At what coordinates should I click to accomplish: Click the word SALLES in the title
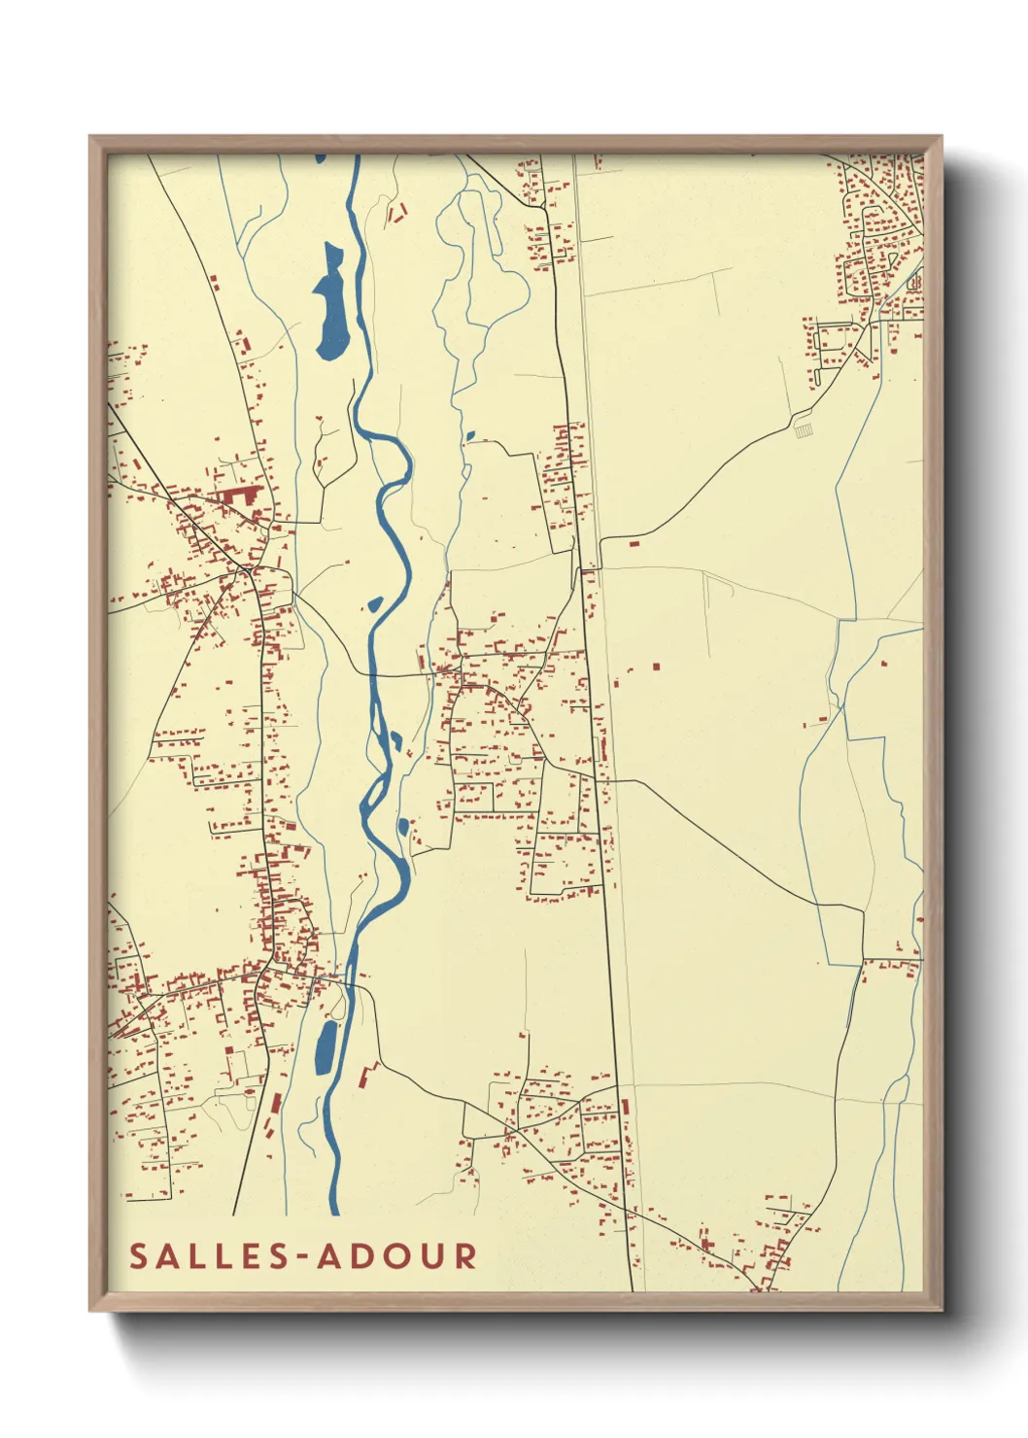pos(207,1256)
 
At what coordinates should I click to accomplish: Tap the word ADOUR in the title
pos(396,1256)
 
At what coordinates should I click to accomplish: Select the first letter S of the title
pos(139,1256)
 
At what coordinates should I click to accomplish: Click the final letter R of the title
pos(465,1256)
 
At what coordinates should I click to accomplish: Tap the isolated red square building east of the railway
pos(656,667)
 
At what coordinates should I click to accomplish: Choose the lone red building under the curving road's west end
pos(634,543)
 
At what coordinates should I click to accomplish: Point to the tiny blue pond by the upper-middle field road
pos(470,436)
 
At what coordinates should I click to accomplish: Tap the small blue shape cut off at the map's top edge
pos(319,157)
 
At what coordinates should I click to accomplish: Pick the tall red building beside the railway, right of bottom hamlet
pos(625,1107)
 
